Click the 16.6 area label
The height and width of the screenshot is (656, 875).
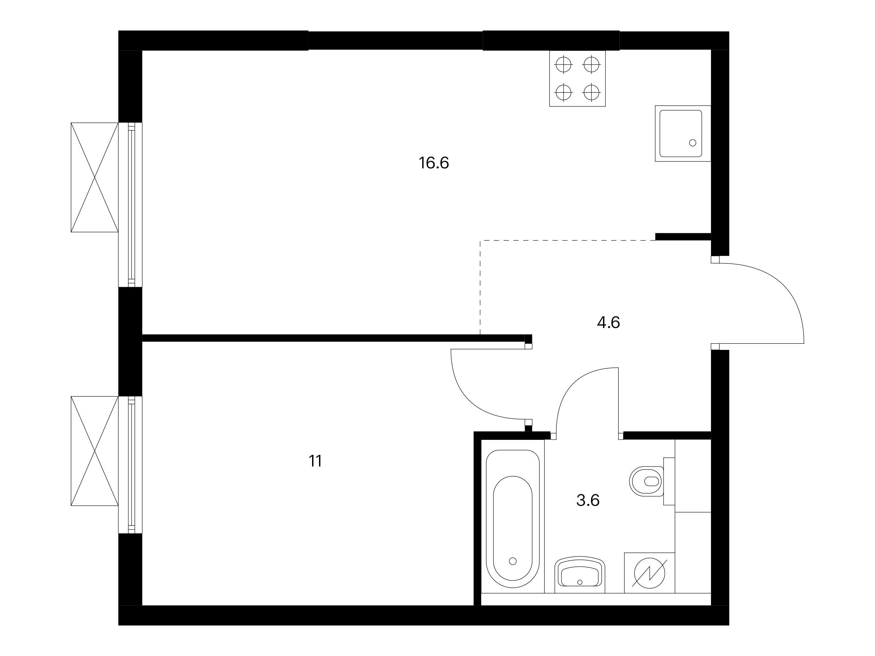coord(434,163)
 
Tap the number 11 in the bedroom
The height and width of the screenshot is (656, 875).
coord(315,461)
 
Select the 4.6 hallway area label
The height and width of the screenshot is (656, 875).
coord(608,323)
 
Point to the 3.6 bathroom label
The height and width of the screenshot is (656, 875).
coord(588,501)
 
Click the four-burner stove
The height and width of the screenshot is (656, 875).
coord(577,78)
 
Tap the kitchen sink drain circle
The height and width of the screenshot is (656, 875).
coord(693,143)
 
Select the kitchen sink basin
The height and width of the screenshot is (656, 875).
coord(683,133)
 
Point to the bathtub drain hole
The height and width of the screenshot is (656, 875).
coord(513,561)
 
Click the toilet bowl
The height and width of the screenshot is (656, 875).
coord(646,481)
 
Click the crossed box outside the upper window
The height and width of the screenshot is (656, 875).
coord(94,177)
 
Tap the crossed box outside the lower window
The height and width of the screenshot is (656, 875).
coord(94,451)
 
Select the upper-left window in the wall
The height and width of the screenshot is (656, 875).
coord(131,204)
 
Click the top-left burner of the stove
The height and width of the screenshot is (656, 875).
coord(564,65)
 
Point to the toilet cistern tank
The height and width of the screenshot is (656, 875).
coord(669,481)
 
